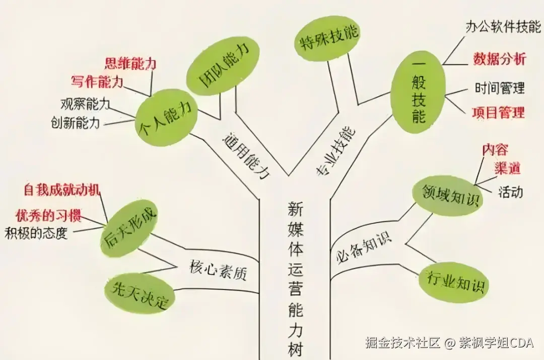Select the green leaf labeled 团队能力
pos(223,66)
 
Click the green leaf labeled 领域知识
pos(447,196)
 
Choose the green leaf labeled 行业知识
pos(454,282)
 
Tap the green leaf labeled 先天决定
pos(139,294)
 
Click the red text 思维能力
pos(130,63)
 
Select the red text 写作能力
pos(98,82)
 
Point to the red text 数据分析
pos(499,59)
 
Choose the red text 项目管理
pos(498,112)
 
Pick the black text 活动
pos(510,192)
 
